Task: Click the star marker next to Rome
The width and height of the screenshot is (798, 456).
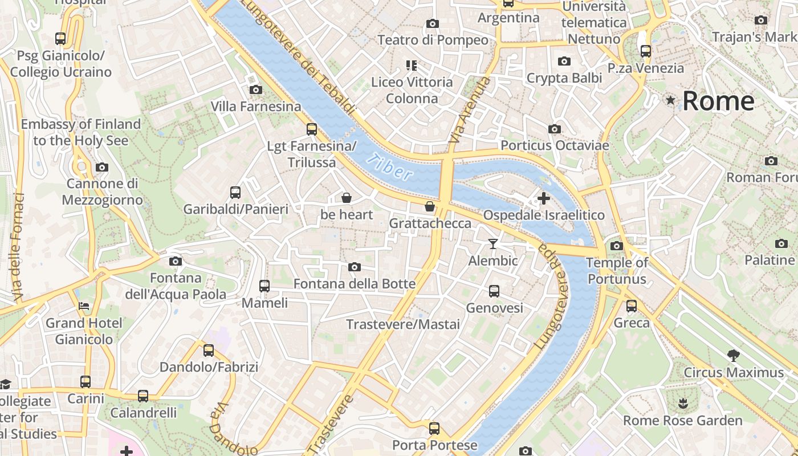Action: [671, 101]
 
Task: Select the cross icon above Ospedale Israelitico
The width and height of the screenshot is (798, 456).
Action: [544, 198]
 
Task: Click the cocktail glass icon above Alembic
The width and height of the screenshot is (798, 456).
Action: [493, 244]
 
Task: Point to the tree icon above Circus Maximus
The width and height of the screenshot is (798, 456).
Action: [734, 356]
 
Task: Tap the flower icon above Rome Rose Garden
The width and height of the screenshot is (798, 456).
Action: [682, 404]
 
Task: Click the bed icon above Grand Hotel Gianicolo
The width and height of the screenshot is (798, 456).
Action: [84, 306]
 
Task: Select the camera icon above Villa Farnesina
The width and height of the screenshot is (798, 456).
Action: [255, 89]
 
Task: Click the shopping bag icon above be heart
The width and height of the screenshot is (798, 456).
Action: [346, 198]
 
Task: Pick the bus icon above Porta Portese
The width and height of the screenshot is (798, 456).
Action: [434, 428]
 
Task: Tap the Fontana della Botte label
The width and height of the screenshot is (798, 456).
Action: [354, 284]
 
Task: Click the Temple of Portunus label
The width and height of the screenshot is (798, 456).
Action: [617, 271]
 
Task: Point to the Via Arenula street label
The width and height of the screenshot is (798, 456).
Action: [470, 111]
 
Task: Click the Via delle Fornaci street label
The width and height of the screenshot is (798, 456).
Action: [18, 247]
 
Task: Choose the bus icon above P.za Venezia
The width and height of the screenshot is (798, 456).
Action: [645, 51]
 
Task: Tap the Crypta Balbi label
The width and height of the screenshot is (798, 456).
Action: [564, 78]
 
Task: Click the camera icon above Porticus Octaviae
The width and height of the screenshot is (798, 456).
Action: [554, 129]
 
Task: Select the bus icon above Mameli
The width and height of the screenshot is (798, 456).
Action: [264, 286]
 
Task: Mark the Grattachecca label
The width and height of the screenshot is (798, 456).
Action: [430, 223]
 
